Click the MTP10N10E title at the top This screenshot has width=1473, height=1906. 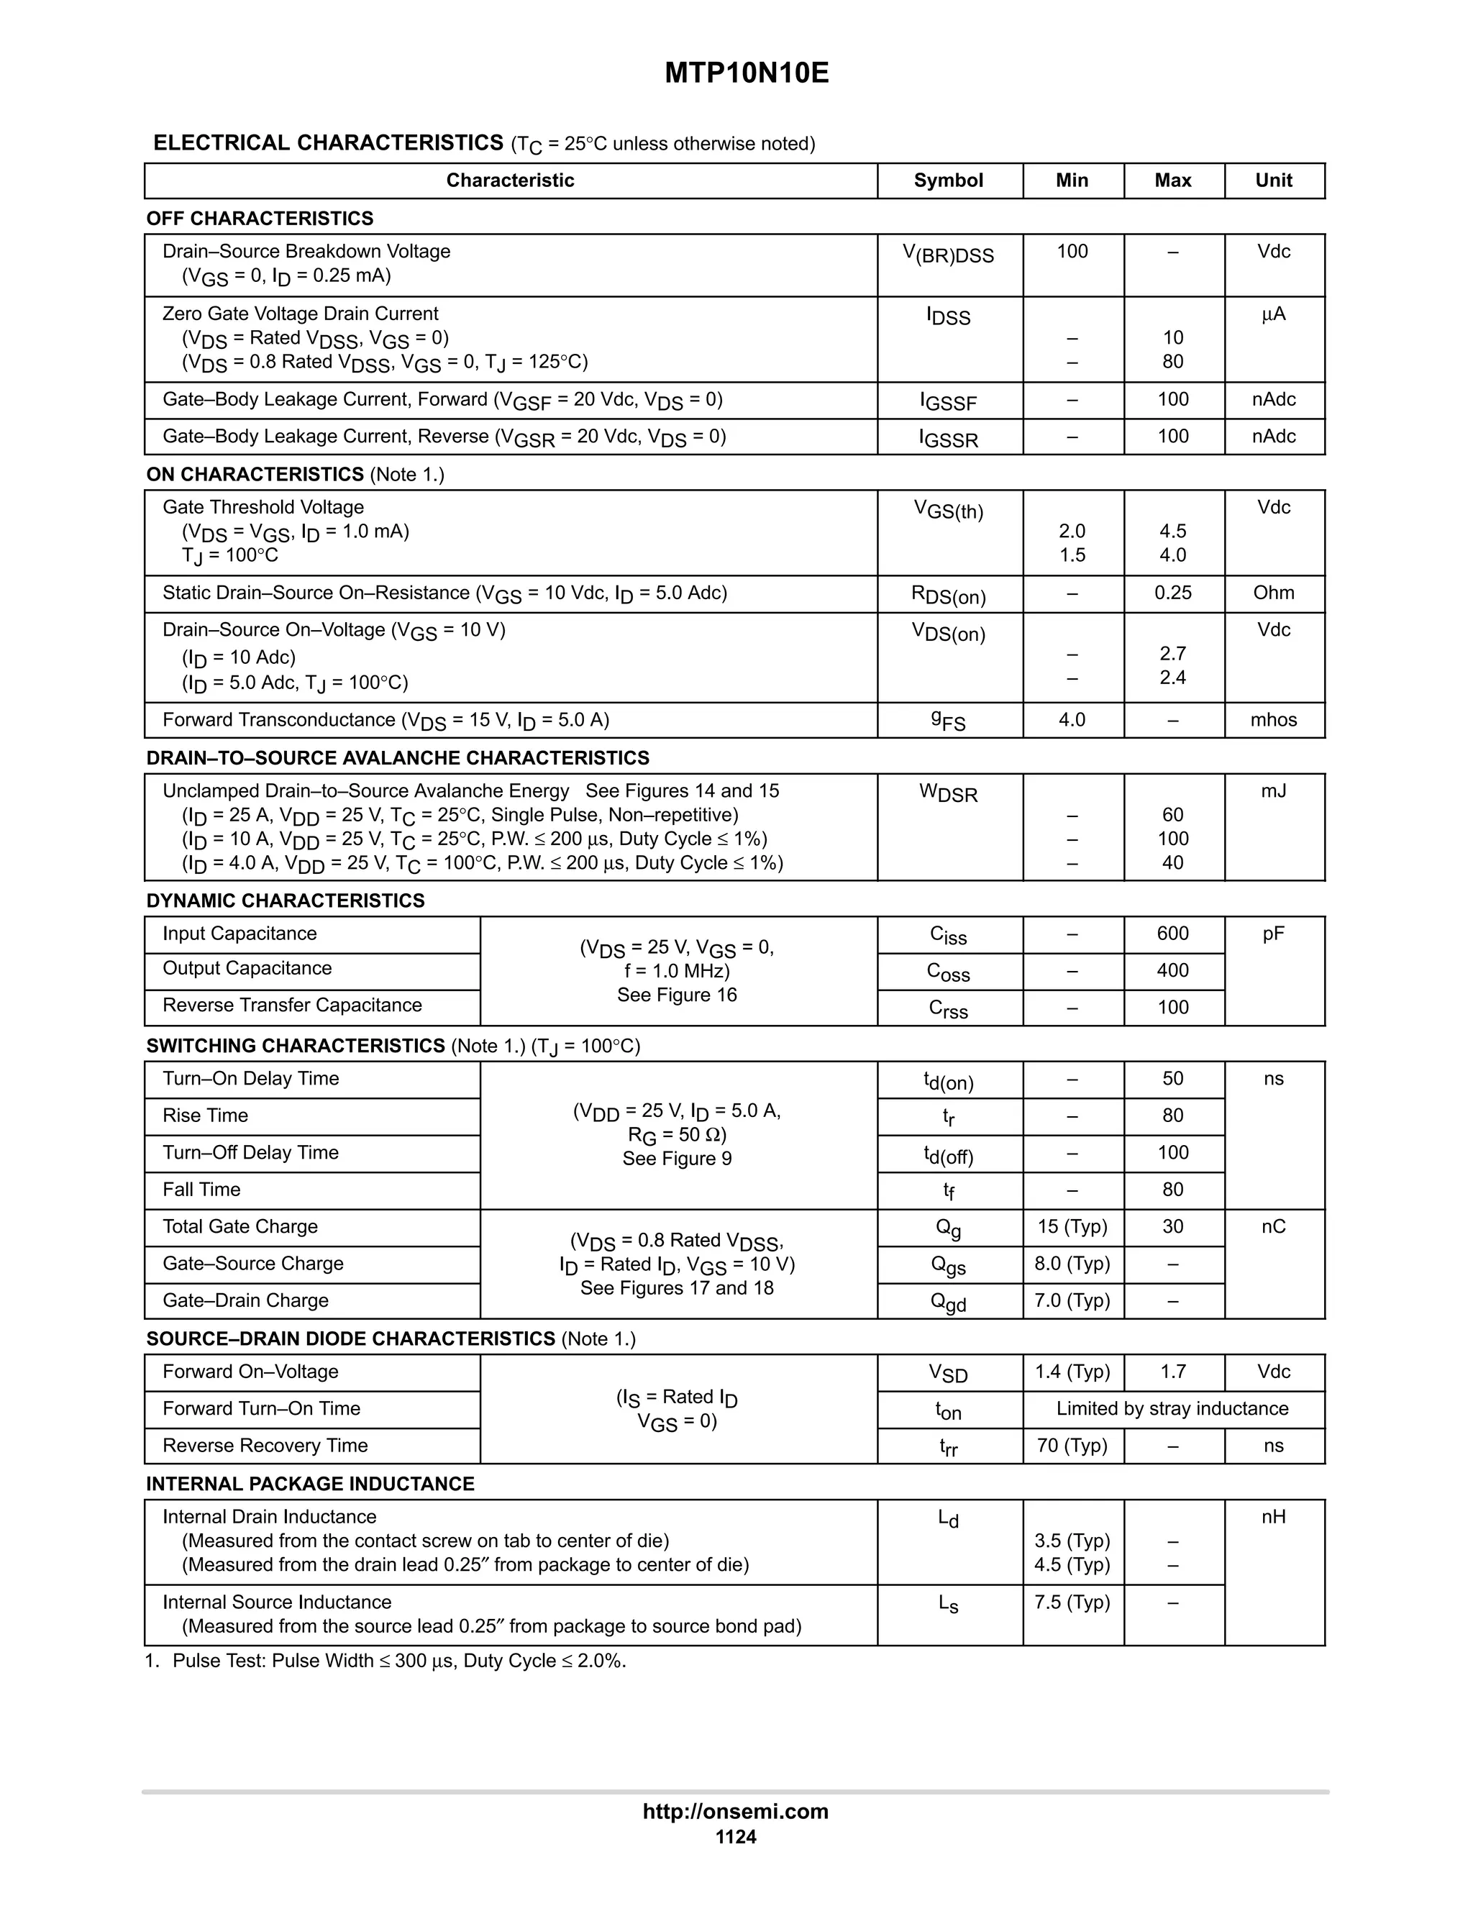(x=746, y=73)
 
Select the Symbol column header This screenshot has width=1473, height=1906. (x=948, y=181)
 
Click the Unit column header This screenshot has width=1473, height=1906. (x=1273, y=181)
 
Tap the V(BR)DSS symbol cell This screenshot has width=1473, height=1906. (x=948, y=255)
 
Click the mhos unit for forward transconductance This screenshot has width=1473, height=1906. (x=1273, y=720)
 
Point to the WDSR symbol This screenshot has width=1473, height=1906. (x=948, y=793)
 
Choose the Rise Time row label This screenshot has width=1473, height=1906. (x=205, y=1116)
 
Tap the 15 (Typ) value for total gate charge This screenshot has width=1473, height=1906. (x=1072, y=1227)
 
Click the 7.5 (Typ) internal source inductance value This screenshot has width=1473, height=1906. (x=1072, y=1602)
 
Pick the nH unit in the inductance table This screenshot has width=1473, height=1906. (x=1273, y=1517)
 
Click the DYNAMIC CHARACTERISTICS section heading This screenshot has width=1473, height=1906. (x=286, y=900)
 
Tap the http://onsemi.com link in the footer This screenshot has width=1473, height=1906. (x=736, y=1811)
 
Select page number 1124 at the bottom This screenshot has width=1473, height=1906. (x=736, y=1837)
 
